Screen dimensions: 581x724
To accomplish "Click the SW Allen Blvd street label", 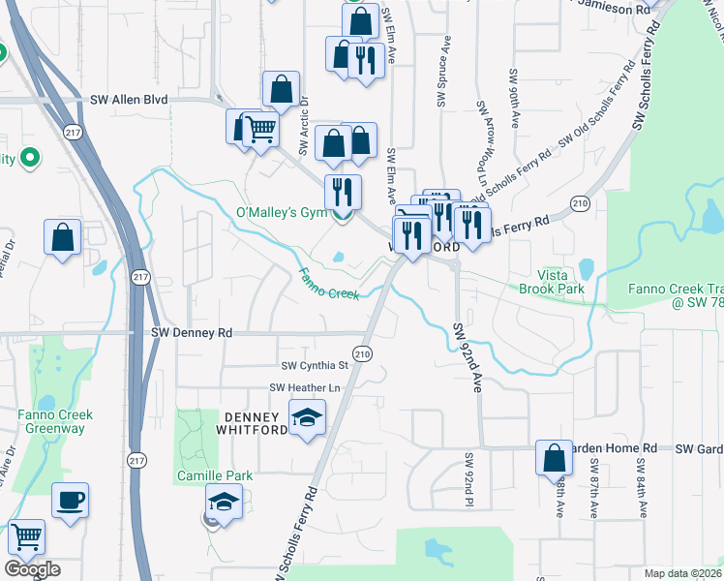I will (129, 100).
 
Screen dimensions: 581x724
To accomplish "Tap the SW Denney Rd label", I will (193, 332).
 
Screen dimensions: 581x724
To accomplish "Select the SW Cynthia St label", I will (315, 366).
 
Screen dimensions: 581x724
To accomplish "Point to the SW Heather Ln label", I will (307, 388).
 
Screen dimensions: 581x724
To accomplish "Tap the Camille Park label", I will (214, 475).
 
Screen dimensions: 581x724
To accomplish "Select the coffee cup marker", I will (70, 501).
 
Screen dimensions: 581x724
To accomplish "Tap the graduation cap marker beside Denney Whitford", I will (309, 417).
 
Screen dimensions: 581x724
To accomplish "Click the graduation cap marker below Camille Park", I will (224, 503).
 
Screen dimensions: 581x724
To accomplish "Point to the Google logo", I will (32, 569).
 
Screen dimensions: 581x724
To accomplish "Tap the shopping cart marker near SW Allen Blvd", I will (259, 128).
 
